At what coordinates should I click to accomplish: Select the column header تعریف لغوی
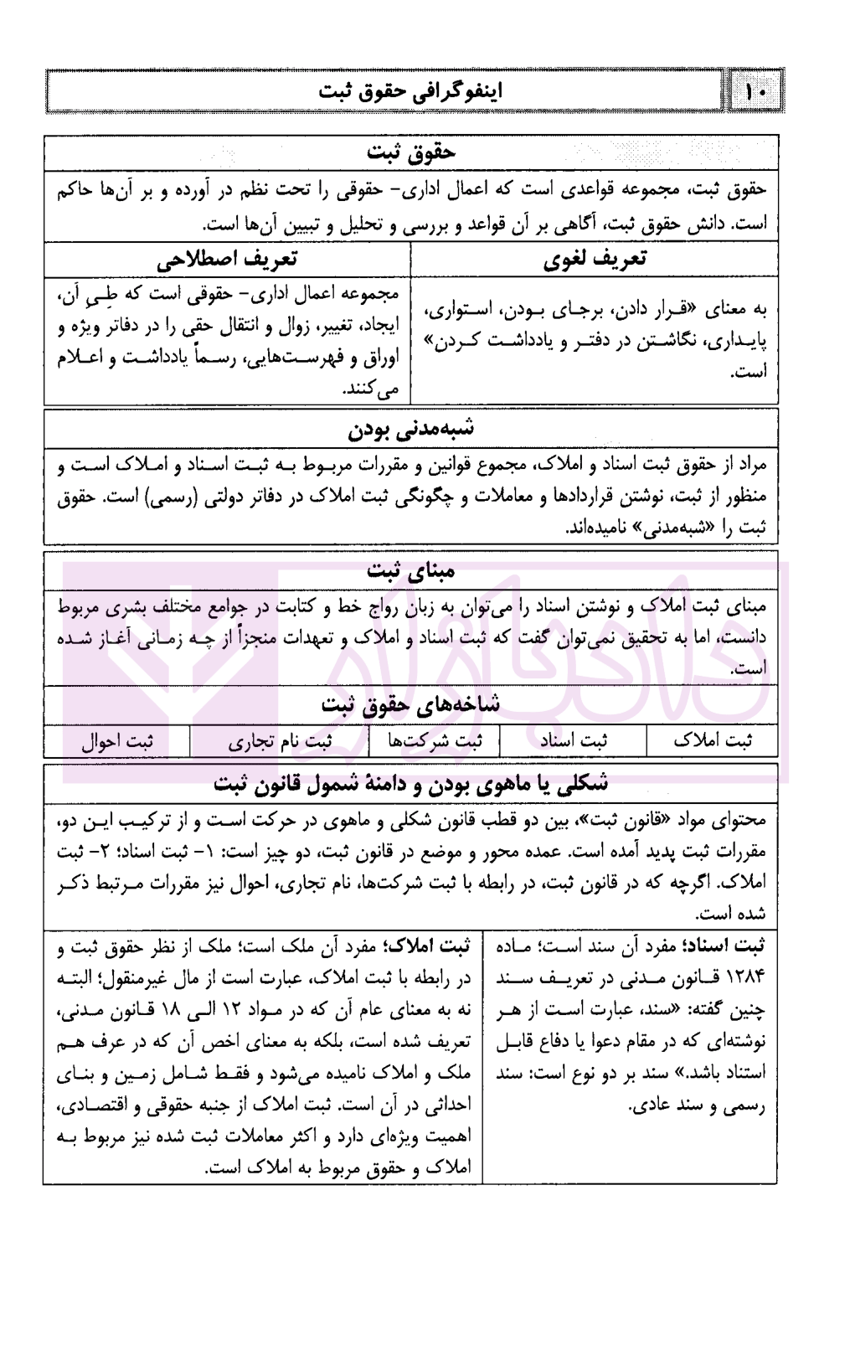pos(595,259)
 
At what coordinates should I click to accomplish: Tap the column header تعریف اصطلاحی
pos(227,259)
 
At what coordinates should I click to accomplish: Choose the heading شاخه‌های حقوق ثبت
pos(410,704)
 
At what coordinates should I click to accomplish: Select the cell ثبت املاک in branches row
pos(713,741)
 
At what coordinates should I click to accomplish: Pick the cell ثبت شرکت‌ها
pos(435,741)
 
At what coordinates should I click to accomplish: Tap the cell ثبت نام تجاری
pos(280,741)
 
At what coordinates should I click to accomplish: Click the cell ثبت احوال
pos(117,741)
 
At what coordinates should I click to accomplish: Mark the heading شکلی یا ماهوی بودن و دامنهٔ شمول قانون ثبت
pos(410,785)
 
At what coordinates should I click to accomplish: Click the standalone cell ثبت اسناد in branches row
pos(574,741)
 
